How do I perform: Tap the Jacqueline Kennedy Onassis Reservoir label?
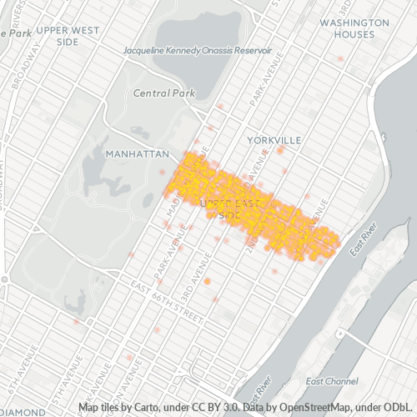[x=198, y=50]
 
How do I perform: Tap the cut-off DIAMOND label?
[x=23, y=412]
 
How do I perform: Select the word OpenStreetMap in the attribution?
[x=305, y=408]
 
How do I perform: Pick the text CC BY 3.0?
[x=215, y=408]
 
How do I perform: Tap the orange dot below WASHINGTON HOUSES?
[x=340, y=59]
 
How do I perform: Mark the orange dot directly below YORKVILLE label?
[x=281, y=149]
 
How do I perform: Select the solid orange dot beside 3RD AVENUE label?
[x=207, y=282]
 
